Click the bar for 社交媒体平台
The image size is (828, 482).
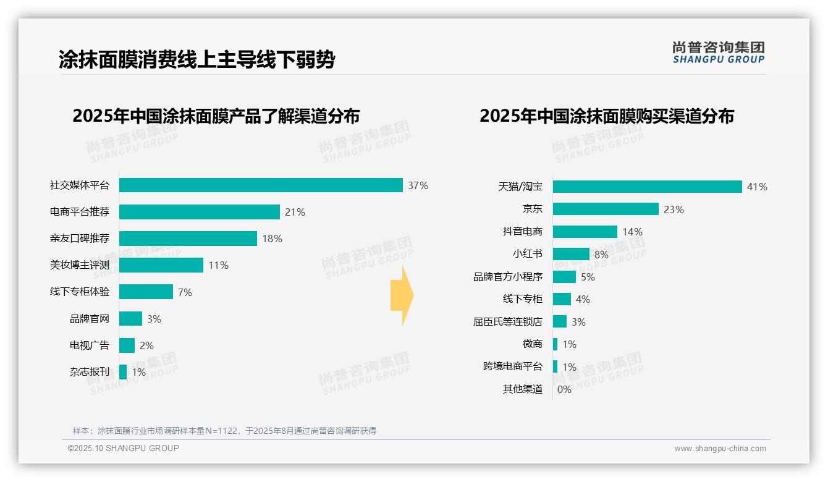(261, 185)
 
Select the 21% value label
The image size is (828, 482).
(295, 212)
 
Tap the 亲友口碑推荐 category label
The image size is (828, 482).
(80, 239)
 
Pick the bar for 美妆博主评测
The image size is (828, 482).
(161, 265)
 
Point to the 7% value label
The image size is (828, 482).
(185, 292)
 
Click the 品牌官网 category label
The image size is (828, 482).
(90, 319)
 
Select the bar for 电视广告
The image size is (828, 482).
(127, 345)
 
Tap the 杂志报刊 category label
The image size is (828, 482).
(90, 372)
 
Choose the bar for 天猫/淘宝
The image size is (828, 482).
(647, 187)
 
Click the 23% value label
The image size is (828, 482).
(674, 209)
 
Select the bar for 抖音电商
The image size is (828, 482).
(585, 232)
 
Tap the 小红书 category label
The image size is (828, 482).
(527, 254)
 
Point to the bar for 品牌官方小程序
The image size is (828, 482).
(564, 277)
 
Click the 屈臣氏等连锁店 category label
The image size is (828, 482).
(507, 322)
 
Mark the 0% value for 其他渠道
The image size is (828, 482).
(564, 389)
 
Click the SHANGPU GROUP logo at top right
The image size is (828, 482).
(718, 53)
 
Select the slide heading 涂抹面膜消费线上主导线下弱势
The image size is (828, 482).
(197, 60)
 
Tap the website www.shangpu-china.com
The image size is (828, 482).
(720, 449)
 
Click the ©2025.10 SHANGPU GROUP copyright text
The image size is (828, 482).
(124, 448)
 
